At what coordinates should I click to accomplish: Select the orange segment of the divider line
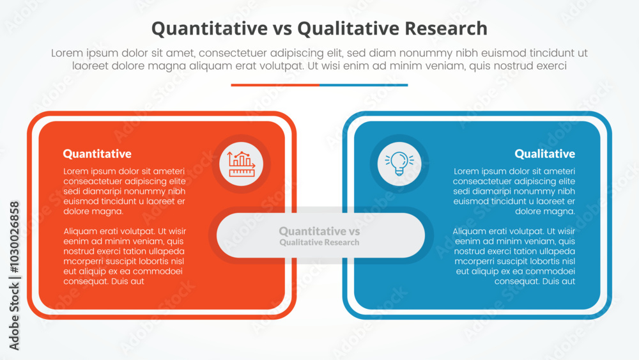click(275, 84)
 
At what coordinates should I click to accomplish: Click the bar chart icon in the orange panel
click(241, 164)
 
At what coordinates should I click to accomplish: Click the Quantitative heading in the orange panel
click(97, 153)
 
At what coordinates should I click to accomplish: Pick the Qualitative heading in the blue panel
click(544, 153)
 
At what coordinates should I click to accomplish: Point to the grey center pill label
click(320, 235)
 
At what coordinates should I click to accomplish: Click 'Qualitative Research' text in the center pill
click(319, 243)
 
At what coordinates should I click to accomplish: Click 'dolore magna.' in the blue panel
click(544, 211)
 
